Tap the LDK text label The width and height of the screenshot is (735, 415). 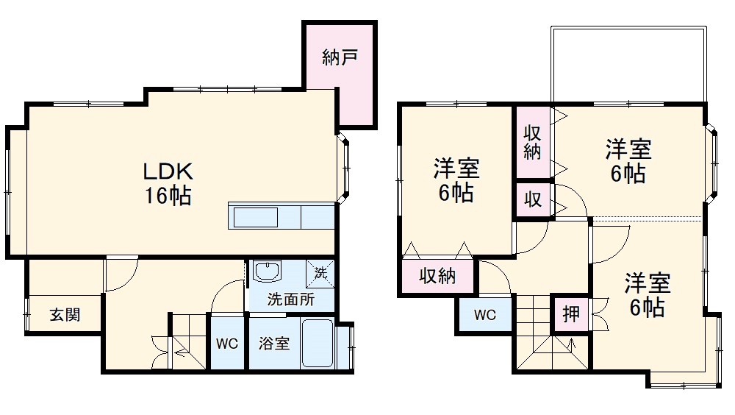[x=168, y=172]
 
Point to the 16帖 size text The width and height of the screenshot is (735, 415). [x=168, y=196]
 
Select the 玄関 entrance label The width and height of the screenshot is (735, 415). [x=65, y=315]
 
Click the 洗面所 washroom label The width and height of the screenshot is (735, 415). [x=290, y=299]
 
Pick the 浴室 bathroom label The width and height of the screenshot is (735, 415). [x=274, y=344]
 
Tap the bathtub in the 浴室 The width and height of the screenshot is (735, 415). [x=318, y=344]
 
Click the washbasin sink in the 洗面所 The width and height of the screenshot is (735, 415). [x=267, y=272]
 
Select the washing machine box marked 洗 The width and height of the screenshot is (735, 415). [x=320, y=272]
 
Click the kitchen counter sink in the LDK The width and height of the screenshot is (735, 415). [x=256, y=219]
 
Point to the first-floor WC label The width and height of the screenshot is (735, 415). [x=227, y=344]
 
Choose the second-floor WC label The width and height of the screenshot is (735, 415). [x=484, y=316]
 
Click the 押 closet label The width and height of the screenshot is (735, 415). [x=571, y=315]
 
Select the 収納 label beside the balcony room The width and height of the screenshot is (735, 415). [x=533, y=143]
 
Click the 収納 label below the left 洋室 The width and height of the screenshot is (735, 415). [x=437, y=276]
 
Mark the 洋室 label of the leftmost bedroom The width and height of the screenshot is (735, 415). [x=456, y=169]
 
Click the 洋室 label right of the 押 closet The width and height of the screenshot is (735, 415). [x=648, y=282]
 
